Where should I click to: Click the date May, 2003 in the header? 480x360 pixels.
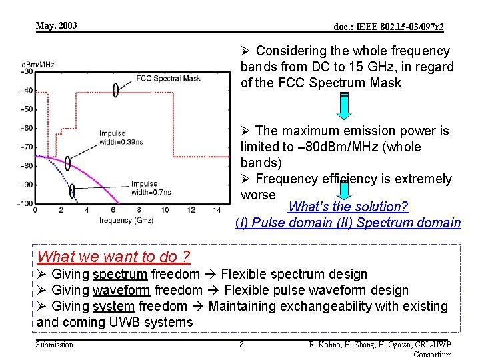click(57, 26)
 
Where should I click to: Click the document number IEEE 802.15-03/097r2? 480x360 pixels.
click(389, 27)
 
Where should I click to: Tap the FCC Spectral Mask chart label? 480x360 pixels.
click(168, 78)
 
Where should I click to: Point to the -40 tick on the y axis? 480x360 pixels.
click(27, 91)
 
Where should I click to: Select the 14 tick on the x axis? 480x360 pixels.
click(217, 211)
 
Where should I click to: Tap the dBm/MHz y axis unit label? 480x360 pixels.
click(38, 65)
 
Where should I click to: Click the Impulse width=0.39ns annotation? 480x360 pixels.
click(121, 137)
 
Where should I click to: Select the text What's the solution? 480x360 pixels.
click(348, 207)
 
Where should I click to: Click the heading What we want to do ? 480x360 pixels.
click(114, 257)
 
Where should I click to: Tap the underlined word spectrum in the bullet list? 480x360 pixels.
click(119, 274)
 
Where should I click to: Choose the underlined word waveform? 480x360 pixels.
click(121, 290)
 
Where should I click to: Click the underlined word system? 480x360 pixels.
click(115, 306)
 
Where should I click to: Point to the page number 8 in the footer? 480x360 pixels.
click(241, 345)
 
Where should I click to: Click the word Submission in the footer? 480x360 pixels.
click(55, 345)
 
